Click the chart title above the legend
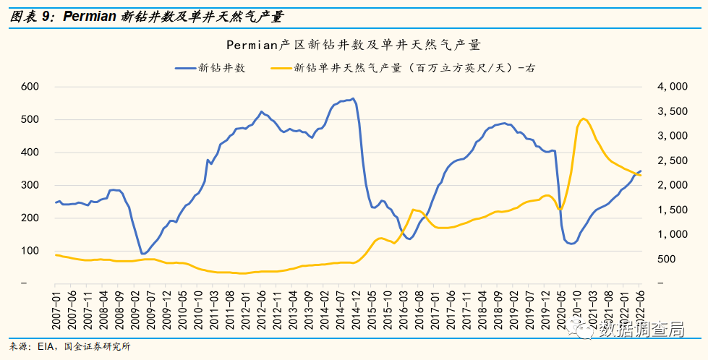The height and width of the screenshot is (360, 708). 354,45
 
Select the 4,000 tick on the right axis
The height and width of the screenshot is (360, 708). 673,87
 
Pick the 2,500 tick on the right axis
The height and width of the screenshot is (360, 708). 673,160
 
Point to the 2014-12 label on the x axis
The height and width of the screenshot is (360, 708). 356,307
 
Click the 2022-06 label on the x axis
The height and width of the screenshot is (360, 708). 640,307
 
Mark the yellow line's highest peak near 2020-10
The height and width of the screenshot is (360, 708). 584,119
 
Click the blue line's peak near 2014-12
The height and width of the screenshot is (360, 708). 352,99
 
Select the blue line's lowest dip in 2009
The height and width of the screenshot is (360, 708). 142,254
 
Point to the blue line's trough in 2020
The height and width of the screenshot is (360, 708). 571,244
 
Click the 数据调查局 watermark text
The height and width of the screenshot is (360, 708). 641,330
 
